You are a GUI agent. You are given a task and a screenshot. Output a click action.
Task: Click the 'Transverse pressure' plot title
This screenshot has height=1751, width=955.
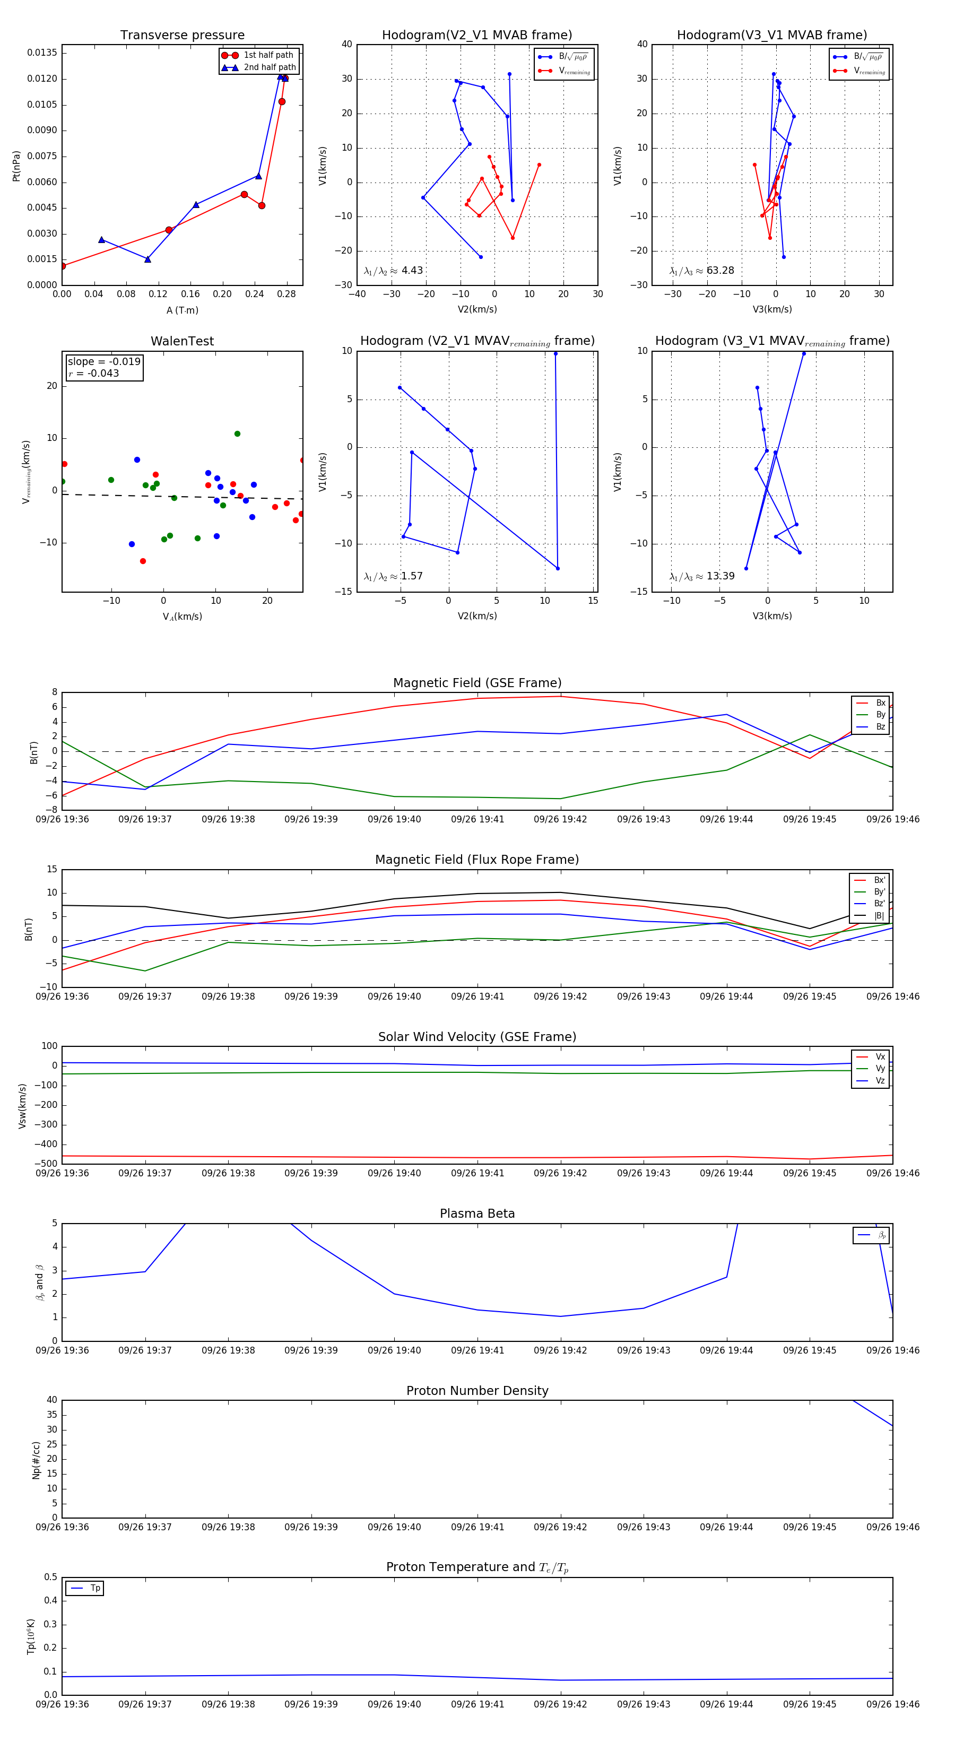[x=182, y=36]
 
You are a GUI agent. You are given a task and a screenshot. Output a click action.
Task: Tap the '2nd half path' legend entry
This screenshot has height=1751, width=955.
[x=269, y=67]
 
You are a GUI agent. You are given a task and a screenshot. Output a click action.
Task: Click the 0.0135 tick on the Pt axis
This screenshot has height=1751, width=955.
[x=42, y=53]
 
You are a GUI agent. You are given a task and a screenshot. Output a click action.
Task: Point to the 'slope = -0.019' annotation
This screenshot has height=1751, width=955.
[x=104, y=362]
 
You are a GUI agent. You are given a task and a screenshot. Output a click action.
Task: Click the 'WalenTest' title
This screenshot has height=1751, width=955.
[x=182, y=341]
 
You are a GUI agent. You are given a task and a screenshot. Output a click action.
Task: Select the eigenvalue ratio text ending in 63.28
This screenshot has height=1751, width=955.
[x=701, y=271]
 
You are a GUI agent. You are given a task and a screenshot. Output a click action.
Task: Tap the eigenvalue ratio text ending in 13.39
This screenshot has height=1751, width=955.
[x=701, y=576]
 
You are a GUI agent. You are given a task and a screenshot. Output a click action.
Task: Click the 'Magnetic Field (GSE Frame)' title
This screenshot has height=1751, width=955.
[x=477, y=683]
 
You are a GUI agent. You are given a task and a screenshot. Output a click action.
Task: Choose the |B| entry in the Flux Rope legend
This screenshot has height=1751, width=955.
[x=878, y=916]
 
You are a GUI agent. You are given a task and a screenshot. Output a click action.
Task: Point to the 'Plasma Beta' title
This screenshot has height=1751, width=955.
[x=477, y=1214]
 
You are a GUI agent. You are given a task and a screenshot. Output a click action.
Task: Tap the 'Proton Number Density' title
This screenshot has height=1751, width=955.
[x=477, y=1391]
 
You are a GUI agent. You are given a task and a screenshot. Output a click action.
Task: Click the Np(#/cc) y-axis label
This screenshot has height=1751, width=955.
[x=36, y=1460]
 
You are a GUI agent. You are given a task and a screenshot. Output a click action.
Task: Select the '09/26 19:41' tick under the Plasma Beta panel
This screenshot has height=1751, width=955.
[x=477, y=1350]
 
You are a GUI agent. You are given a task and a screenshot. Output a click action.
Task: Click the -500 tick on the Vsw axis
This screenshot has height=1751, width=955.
[x=46, y=1164]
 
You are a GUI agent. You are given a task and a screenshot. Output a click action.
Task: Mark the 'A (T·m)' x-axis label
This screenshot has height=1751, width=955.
[x=182, y=310]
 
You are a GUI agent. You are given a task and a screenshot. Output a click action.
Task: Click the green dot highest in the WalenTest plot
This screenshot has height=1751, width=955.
[x=237, y=434]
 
